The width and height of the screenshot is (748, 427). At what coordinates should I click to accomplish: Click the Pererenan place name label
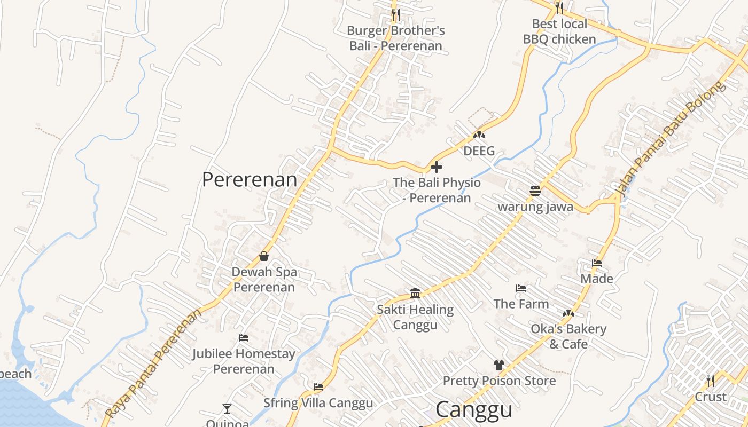tap(250, 179)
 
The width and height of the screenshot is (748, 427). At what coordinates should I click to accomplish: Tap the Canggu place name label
tap(473, 410)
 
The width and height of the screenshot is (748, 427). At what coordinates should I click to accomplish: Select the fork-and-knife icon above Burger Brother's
tap(395, 14)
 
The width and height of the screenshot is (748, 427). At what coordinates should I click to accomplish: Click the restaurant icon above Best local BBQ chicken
tap(559, 7)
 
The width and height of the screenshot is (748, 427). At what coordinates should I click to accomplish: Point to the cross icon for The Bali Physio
tap(437, 167)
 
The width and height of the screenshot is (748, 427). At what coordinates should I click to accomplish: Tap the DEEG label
tap(479, 151)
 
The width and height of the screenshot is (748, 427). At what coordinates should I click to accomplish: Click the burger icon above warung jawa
tap(535, 191)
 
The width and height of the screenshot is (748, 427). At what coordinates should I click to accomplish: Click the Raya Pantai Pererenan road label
tap(154, 363)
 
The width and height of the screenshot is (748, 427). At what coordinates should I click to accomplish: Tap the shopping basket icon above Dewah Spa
tap(263, 256)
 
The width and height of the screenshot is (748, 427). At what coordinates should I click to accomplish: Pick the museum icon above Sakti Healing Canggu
tap(415, 293)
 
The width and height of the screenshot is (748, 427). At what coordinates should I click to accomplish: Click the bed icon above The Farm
tap(521, 288)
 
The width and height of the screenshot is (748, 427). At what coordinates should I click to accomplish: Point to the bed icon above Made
tap(597, 263)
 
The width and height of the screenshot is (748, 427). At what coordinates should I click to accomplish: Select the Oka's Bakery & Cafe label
tap(568, 336)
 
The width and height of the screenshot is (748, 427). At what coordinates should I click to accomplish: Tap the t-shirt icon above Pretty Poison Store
tap(499, 365)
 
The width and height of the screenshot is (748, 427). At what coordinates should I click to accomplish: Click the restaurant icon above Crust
tap(710, 381)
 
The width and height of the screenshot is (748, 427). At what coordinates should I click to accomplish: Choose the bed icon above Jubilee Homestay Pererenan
tap(243, 338)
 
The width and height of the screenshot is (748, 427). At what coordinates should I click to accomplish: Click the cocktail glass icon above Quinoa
tap(227, 409)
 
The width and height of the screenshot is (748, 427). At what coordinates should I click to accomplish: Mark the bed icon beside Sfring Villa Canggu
tap(318, 387)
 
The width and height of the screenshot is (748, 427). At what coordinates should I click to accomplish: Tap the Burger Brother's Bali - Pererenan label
tap(396, 38)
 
